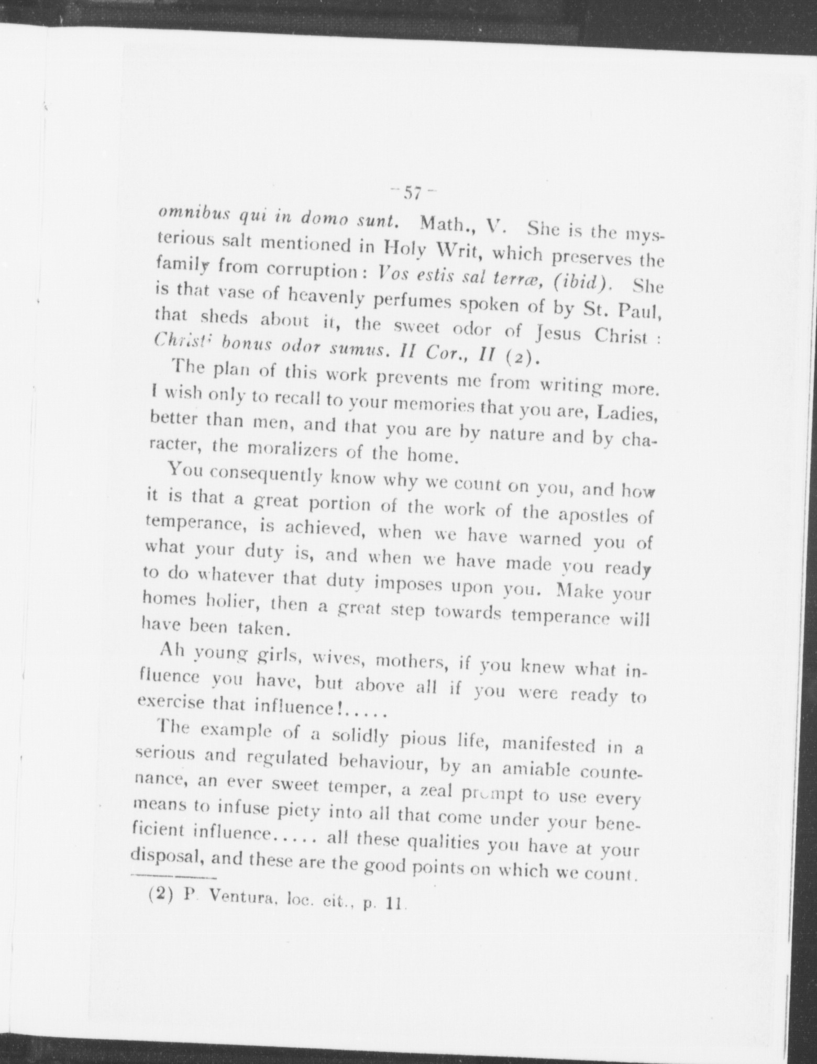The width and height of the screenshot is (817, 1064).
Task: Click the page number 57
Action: [x=413, y=194]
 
